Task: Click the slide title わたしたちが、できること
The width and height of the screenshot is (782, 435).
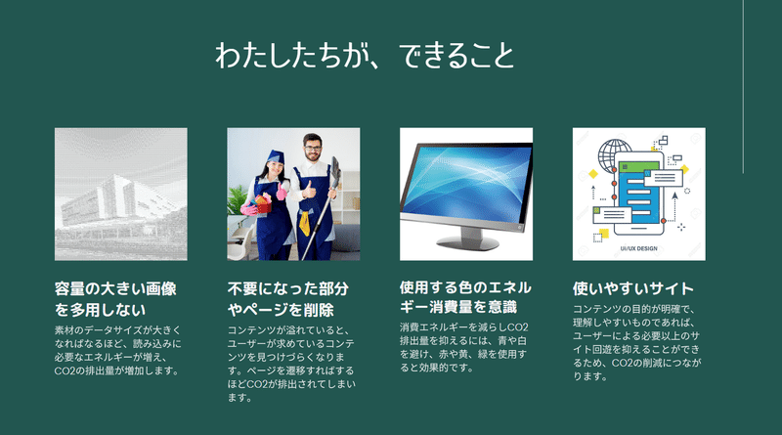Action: (x=365, y=55)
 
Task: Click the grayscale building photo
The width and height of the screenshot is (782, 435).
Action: (x=121, y=195)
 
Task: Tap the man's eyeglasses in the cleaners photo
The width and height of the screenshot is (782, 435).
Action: (x=312, y=148)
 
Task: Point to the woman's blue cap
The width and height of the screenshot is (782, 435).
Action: (x=275, y=156)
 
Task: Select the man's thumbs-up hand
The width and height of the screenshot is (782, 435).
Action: (x=309, y=190)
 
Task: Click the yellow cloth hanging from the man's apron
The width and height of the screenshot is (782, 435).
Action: (x=304, y=223)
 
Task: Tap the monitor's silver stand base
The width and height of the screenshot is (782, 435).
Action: (x=467, y=242)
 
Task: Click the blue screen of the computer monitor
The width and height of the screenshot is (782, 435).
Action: (x=465, y=183)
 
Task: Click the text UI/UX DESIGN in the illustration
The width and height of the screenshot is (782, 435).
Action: (x=639, y=248)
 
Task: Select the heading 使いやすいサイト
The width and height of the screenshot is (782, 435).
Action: (x=633, y=288)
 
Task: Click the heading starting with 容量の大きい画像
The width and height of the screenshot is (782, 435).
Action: (x=115, y=299)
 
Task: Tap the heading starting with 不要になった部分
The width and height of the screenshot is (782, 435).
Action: (x=287, y=299)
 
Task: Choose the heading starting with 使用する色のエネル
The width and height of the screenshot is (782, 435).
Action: (x=465, y=297)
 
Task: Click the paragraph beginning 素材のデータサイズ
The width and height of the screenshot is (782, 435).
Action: (x=117, y=351)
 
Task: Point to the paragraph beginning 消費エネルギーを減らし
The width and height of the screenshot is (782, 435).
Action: (x=463, y=347)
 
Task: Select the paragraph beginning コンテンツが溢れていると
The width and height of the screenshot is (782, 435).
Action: (x=291, y=365)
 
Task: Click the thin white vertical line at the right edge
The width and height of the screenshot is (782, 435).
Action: (x=743, y=87)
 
